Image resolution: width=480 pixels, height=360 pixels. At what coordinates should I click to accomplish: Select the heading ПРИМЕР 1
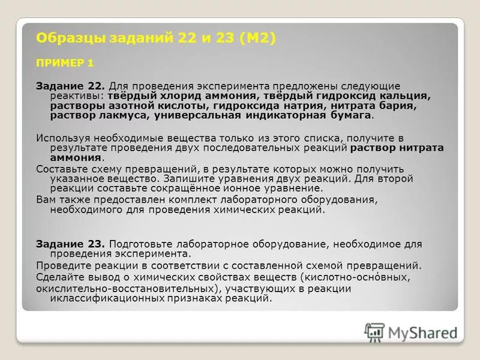(x=65, y=62)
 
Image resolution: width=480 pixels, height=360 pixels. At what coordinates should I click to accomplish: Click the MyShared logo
(x=412, y=332)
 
